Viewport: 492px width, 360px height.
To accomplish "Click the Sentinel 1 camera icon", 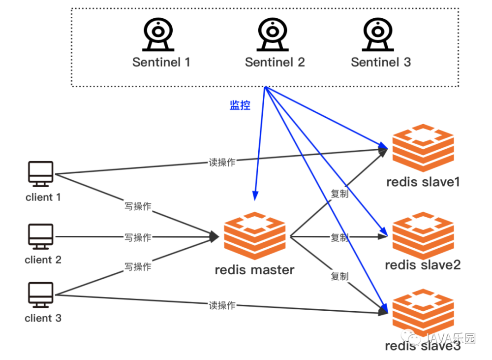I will [x=158, y=35].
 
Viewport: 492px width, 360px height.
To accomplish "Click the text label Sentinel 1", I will [x=161, y=62].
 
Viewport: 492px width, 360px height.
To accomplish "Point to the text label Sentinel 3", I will [x=381, y=62].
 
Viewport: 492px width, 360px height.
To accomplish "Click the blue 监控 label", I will [x=240, y=105].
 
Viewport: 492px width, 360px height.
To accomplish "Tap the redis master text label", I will [x=254, y=270].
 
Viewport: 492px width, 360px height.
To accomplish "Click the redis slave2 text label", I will [x=423, y=265].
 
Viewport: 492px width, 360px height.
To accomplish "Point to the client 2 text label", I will [x=43, y=260].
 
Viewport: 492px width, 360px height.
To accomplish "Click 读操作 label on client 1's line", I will [x=222, y=163].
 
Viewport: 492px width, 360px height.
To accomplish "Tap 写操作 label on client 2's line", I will [x=138, y=237].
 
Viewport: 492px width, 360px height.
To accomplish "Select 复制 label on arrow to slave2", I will [x=339, y=238].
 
